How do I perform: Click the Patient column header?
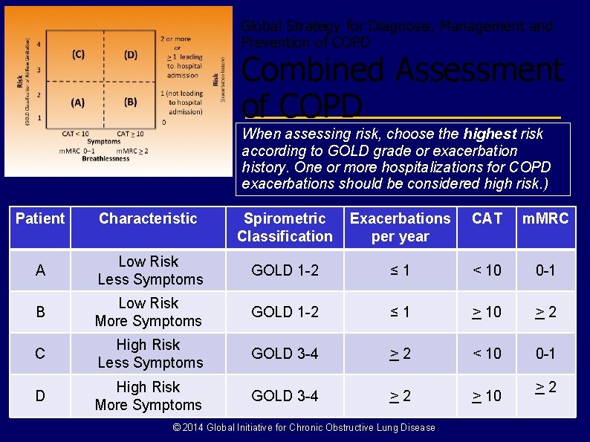(40, 218)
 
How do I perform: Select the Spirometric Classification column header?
(285, 227)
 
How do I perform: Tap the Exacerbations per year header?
(400, 227)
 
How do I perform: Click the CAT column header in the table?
(487, 218)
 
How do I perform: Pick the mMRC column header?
(545, 218)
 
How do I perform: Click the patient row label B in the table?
(40, 312)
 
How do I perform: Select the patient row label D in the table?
(40, 396)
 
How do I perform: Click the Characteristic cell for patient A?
(149, 270)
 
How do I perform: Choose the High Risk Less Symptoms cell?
(149, 354)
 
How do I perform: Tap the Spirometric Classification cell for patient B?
(285, 312)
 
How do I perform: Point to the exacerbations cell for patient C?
(400, 354)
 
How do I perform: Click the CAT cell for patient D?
(487, 396)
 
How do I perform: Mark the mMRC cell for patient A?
(545, 270)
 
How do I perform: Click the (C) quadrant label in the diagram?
(78, 54)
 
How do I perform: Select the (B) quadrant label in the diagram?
(130, 102)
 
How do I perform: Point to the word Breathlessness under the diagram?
(106, 158)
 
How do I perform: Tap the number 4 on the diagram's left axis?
(39, 43)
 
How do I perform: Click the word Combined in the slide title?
(314, 71)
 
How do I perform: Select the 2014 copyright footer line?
(303, 427)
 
